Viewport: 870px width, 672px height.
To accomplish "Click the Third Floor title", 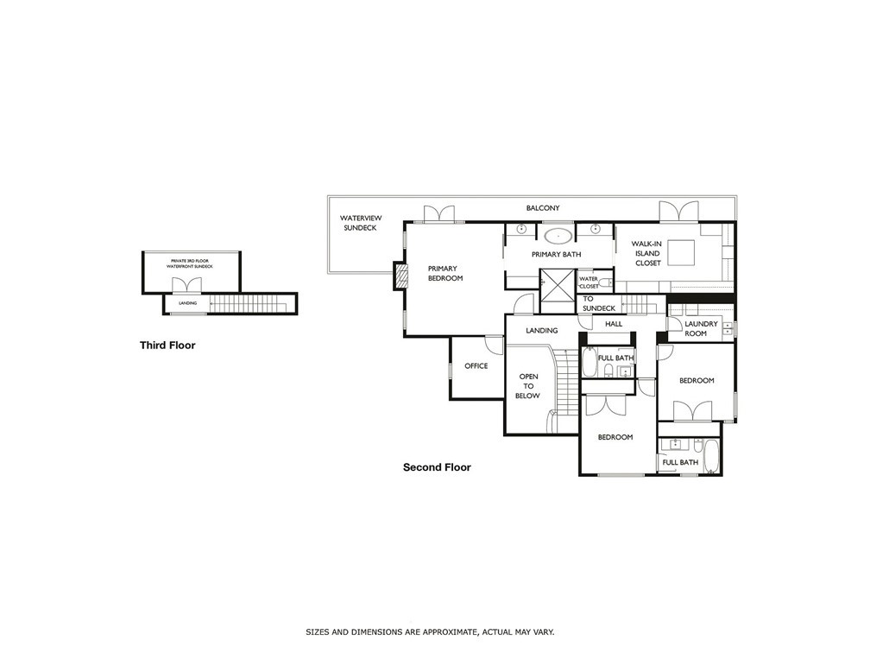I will pos(167,346).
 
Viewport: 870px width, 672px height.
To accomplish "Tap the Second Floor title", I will pos(437,467).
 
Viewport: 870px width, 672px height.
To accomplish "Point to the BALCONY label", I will pos(544,208).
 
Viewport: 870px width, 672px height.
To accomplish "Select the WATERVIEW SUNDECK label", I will pos(360,223).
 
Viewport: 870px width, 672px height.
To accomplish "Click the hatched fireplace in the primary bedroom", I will pos(400,276).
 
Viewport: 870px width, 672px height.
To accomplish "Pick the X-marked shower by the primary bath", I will pos(557,283).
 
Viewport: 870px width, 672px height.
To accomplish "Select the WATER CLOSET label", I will pos(589,282).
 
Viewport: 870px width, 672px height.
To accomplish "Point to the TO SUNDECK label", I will pos(599,303).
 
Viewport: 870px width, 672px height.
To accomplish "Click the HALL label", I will pos(614,324).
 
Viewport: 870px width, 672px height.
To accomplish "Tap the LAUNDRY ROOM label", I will pos(701,328).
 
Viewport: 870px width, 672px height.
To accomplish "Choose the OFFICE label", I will pos(476,366).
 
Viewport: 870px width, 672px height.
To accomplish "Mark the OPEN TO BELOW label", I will pos(528,386).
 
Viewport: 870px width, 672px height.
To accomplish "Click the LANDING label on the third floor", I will pos(187,303).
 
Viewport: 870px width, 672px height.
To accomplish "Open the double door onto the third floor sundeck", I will pos(187,284).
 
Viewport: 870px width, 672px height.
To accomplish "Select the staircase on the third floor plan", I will pos(249,304).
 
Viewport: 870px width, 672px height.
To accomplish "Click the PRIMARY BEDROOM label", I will pos(445,273).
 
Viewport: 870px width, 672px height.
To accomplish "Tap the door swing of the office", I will pos(494,343).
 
